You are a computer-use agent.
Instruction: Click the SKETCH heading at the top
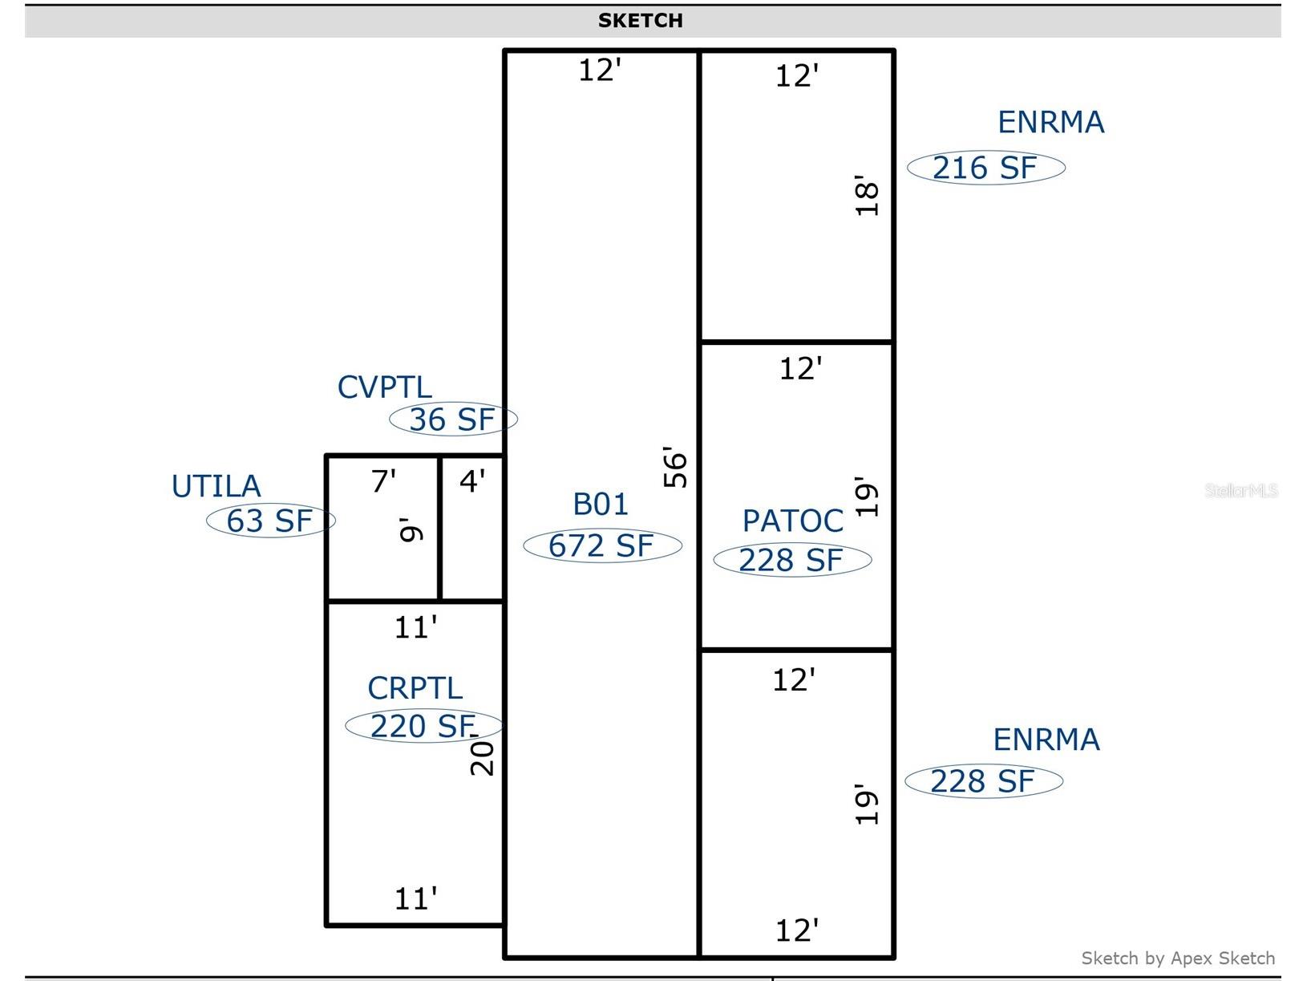click(x=640, y=21)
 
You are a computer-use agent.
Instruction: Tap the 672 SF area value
click(x=601, y=545)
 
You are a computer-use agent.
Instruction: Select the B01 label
click(x=601, y=505)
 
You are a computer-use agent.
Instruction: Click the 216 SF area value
click(x=985, y=168)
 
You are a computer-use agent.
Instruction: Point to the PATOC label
click(x=792, y=521)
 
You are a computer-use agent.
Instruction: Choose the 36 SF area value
click(x=452, y=420)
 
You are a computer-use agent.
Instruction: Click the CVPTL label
click(x=385, y=387)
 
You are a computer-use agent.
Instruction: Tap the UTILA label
click(x=216, y=486)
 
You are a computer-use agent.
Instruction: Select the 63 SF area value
click(x=269, y=521)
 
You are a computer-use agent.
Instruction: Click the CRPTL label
click(x=415, y=688)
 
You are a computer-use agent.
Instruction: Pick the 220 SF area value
click(x=423, y=726)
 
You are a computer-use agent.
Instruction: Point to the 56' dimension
click(x=675, y=467)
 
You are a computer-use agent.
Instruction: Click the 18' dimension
click(x=867, y=196)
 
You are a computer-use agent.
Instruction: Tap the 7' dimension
click(x=383, y=480)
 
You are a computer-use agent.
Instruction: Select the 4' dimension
click(x=472, y=480)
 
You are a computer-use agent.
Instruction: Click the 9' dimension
click(x=411, y=529)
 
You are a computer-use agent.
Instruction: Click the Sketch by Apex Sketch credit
click(x=1179, y=958)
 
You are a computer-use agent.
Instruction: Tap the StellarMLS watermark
click(x=1241, y=490)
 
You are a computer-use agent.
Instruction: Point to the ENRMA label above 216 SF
click(x=1051, y=122)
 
